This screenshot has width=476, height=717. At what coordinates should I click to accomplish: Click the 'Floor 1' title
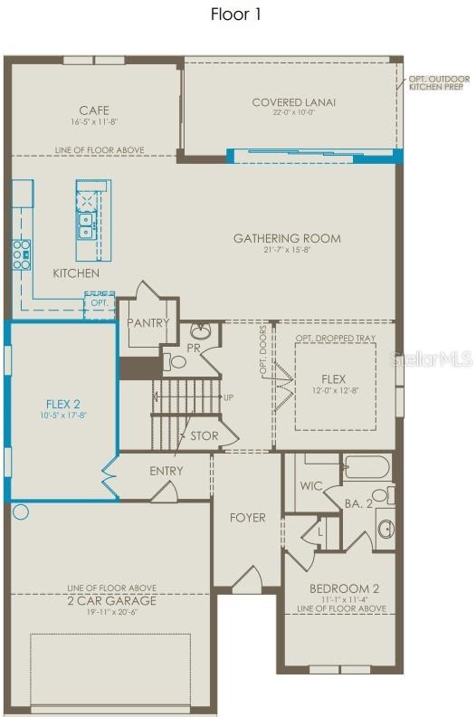click(x=237, y=14)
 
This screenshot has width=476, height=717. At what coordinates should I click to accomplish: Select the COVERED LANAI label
click(x=293, y=102)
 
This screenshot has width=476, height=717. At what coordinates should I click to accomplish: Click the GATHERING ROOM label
click(x=287, y=239)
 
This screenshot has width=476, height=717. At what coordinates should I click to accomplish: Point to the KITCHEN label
click(x=76, y=273)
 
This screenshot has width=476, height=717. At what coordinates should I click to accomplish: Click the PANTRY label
click(x=148, y=322)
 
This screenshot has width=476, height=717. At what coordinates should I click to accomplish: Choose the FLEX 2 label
click(x=63, y=405)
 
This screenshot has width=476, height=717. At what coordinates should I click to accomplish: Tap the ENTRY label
click(x=166, y=471)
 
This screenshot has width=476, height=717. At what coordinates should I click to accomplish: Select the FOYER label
click(x=247, y=518)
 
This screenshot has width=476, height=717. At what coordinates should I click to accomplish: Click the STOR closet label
click(x=204, y=436)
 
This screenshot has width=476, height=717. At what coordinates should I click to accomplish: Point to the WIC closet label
click(x=312, y=486)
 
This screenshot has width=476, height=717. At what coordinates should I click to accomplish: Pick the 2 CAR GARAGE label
click(x=111, y=600)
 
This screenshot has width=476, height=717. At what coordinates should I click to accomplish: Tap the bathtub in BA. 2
click(x=366, y=467)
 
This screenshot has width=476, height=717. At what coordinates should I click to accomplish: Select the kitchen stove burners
click(x=21, y=254)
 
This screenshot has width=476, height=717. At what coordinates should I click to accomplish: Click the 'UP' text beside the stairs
click(x=228, y=397)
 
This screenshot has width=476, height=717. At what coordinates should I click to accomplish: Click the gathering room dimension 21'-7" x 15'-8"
click(x=287, y=251)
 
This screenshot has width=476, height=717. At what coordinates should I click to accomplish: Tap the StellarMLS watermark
click(x=431, y=359)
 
